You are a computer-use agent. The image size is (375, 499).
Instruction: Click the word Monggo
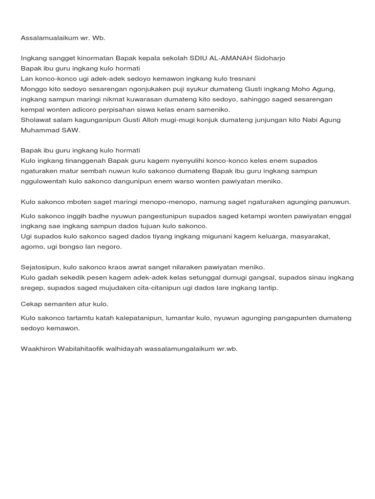point(33,89)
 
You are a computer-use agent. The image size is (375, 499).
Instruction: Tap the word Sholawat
point(36,120)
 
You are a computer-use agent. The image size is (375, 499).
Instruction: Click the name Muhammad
point(40,131)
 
